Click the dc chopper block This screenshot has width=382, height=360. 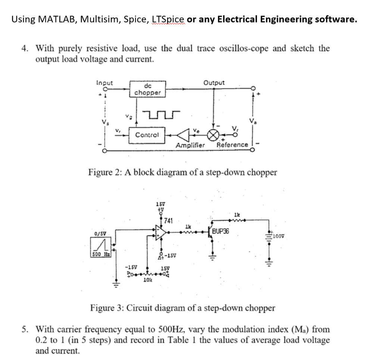coord(147,89)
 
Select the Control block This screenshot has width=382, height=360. coord(147,135)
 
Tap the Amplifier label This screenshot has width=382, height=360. coord(190,145)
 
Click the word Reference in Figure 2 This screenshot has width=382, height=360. coord(232,145)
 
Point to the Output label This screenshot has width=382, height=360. coord(214,83)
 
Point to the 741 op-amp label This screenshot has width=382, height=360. coord(168,221)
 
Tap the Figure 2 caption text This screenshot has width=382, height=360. coord(182,173)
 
